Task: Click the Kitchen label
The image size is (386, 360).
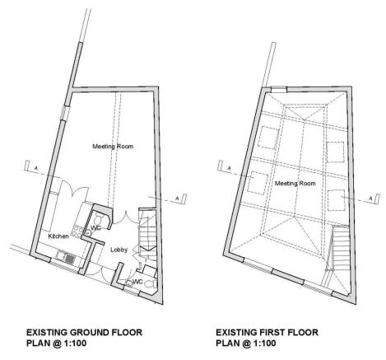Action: (58, 236)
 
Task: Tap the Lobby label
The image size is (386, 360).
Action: (119, 250)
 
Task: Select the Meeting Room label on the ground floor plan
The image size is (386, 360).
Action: (113, 147)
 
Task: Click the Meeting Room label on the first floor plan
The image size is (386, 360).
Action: (295, 183)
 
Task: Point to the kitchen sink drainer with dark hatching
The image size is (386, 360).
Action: (71, 259)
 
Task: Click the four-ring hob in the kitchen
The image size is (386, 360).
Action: (76, 231)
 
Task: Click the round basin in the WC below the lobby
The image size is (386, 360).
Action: (128, 283)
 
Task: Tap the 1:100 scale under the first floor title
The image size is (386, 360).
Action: (264, 344)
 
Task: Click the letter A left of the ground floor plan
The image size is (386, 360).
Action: (35, 167)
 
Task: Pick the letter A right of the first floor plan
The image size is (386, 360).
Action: (371, 198)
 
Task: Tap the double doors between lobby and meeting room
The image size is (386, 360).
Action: (126, 217)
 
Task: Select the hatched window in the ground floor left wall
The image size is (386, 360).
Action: (64, 112)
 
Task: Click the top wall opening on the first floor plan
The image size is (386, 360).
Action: (278, 90)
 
